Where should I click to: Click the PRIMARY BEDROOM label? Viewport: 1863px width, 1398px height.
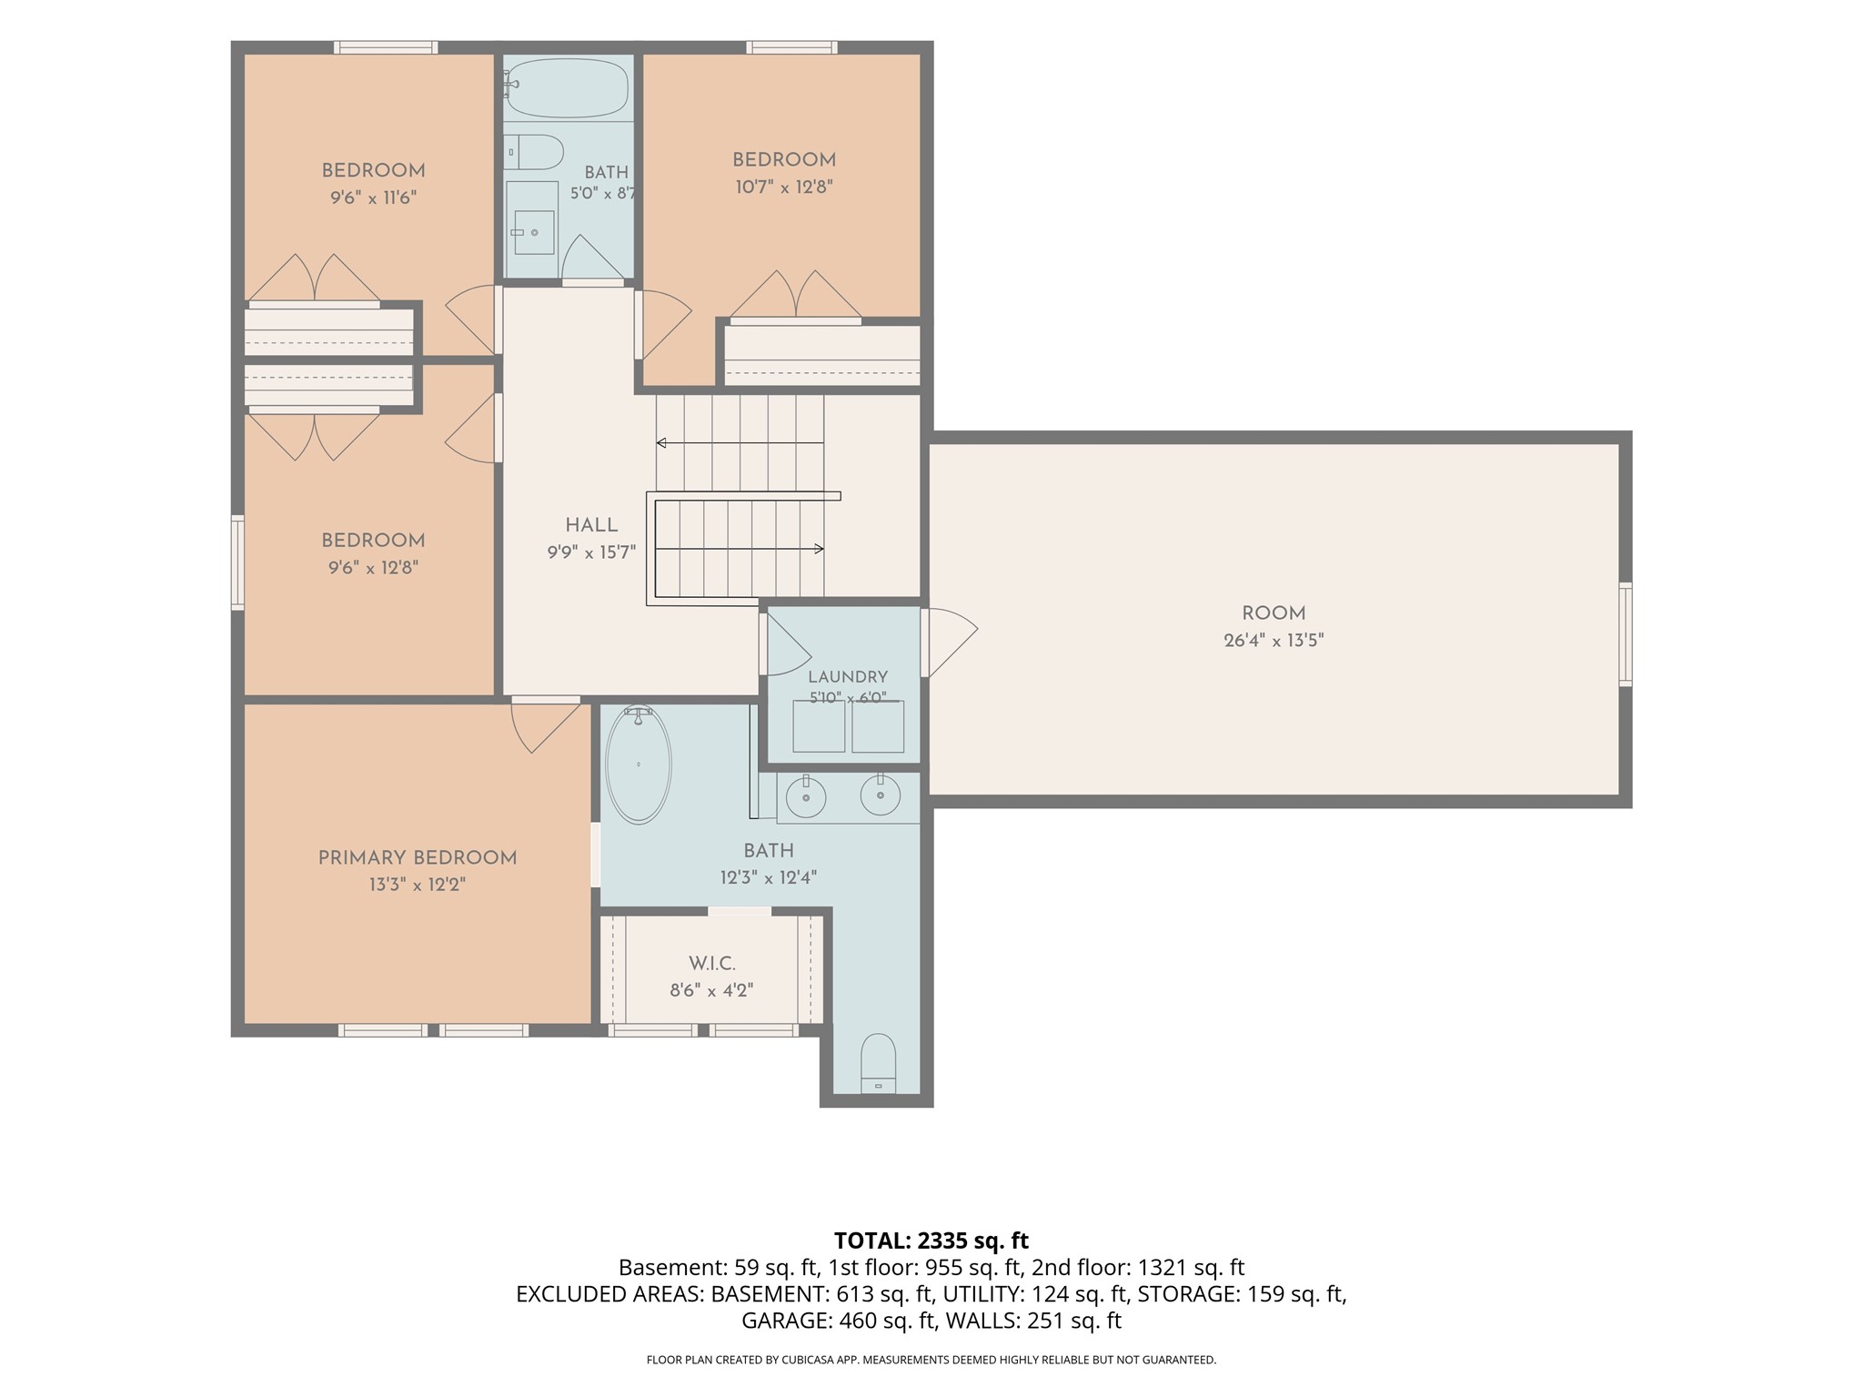pyautogui.click(x=418, y=858)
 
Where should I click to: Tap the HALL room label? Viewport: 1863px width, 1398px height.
pyautogui.click(x=591, y=525)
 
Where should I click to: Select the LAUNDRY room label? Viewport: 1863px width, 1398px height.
pyautogui.click(x=847, y=677)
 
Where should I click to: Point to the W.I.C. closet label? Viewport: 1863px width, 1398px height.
pyautogui.click(x=712, y=963)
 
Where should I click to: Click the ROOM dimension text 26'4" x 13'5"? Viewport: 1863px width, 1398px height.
pyautogui.click(x=1274, y=641)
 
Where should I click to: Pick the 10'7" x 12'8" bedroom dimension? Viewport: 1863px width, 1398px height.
pyautogui.click(x=784, y=187)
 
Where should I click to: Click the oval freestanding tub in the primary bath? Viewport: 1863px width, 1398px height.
pyautogui.click(x=639, y=765)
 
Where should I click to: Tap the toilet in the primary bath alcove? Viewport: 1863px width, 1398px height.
pyautogui.click(x=878, y=1063)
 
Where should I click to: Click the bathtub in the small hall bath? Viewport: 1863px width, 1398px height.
pyautogui.click(x=566, y=87)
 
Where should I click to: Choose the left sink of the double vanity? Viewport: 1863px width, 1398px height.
pyautogui.click(x=806, y=797)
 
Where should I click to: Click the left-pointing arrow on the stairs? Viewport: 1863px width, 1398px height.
pyautogui.click(x=740, y=443)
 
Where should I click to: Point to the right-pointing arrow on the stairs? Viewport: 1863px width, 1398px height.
pyautogui.click(x=740, y=549)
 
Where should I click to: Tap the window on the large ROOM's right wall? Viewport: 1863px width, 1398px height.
pyautogui.click(x=1626, y=633)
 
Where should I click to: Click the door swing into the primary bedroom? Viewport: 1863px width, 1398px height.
pyautogui.click(x=546, y=725)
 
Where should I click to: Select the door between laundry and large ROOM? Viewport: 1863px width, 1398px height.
pyautogui.click(x=949, y=643)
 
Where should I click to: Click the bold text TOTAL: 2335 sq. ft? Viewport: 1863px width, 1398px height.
pyautogui.click(x=931, y=1241)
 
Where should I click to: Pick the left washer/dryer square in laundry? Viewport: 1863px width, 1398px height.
pyautogui.click(x=819, y=726)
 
